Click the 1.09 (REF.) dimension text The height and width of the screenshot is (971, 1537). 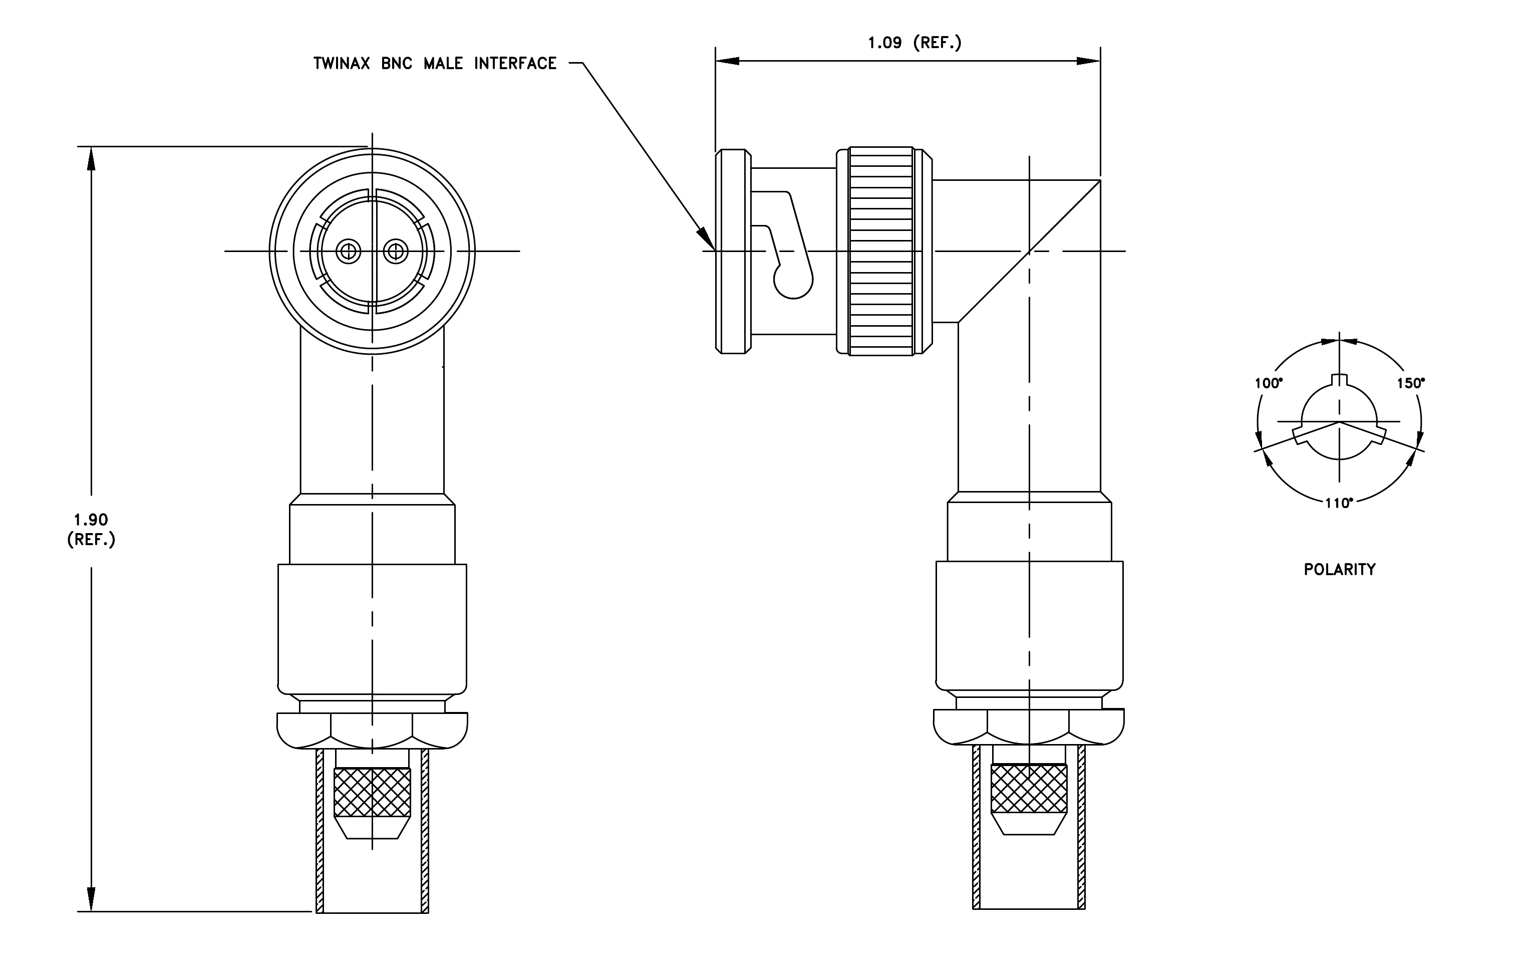point(914,43)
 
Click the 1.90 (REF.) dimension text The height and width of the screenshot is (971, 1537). point(91,529)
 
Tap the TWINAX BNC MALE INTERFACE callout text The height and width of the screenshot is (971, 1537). point(435,63)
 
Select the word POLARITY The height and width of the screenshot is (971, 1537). point(1339,570)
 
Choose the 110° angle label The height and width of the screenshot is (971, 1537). point(1339,503)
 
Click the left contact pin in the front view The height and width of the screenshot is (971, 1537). point(349,251)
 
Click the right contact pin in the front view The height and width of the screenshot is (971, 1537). point(396,251)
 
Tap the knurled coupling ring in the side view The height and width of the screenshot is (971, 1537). point(881,251)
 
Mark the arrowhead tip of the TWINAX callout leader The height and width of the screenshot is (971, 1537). point(715,250)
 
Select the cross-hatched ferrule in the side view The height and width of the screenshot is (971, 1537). point(1029,789)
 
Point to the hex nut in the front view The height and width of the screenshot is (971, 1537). point(372,731)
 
